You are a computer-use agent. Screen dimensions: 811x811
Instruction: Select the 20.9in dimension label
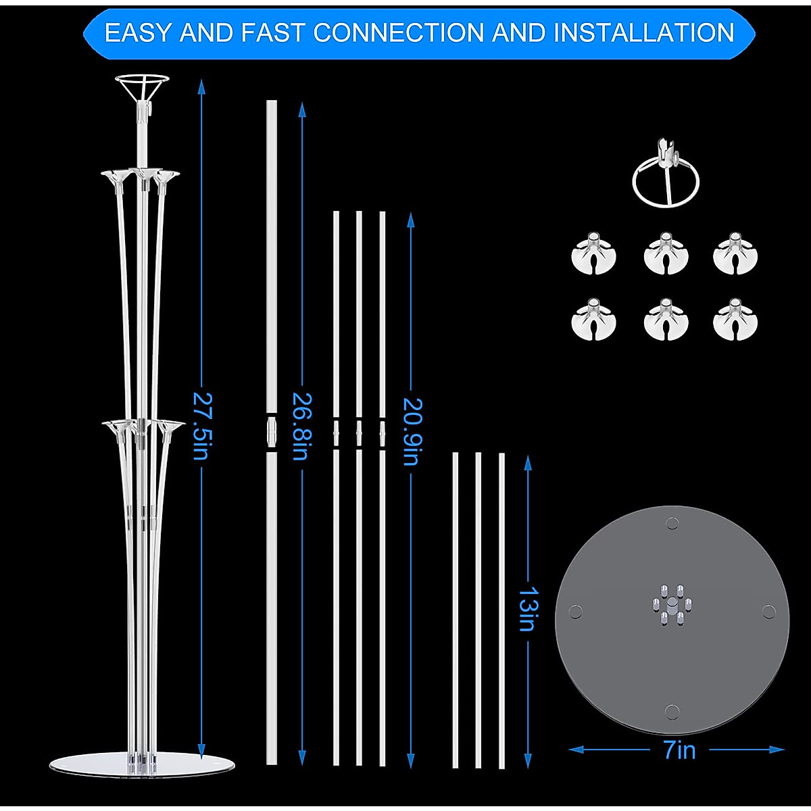point(410,431)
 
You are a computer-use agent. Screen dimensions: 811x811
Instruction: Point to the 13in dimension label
point(527,608)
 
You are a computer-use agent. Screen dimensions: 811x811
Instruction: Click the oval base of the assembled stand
point(143,763)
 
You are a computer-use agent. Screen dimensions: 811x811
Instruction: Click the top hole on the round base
point(672,522)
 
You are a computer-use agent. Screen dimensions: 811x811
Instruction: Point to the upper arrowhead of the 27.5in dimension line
point(200,85)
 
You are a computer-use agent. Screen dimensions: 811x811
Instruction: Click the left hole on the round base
point(575,612)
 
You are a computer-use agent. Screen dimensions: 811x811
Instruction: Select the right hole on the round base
point(768,612)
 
